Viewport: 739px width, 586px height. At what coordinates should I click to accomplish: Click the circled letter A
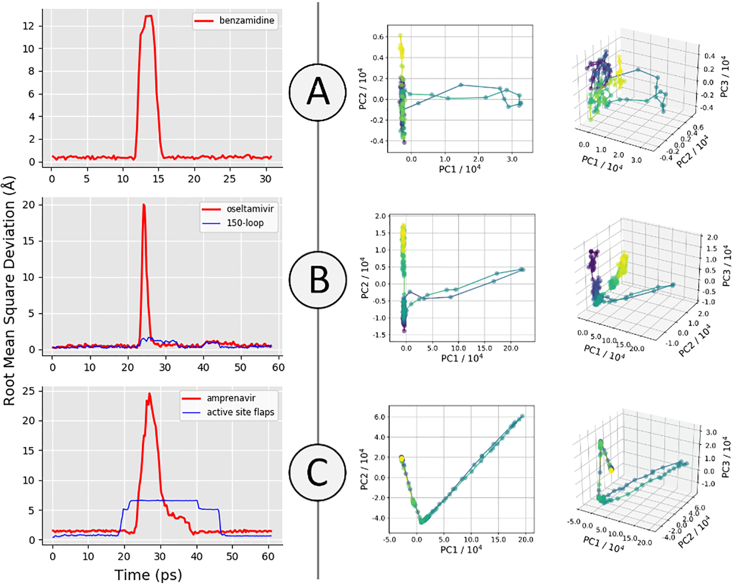318,92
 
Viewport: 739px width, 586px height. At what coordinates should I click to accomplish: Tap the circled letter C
318,472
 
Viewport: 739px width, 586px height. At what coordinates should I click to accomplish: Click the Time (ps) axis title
148,575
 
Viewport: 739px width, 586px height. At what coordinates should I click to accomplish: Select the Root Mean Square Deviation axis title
9,291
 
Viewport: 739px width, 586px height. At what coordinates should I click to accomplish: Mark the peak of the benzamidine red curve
149,16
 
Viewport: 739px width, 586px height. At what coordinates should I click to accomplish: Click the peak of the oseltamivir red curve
144,205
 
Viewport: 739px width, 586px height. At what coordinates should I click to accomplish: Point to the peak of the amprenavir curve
149,393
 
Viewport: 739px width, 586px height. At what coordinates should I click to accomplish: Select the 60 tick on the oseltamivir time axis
278,367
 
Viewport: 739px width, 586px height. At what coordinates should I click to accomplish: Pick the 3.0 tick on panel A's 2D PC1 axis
512,160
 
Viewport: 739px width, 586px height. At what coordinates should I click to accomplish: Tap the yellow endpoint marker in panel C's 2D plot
402,458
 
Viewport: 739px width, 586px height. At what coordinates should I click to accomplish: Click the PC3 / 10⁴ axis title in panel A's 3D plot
725,76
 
